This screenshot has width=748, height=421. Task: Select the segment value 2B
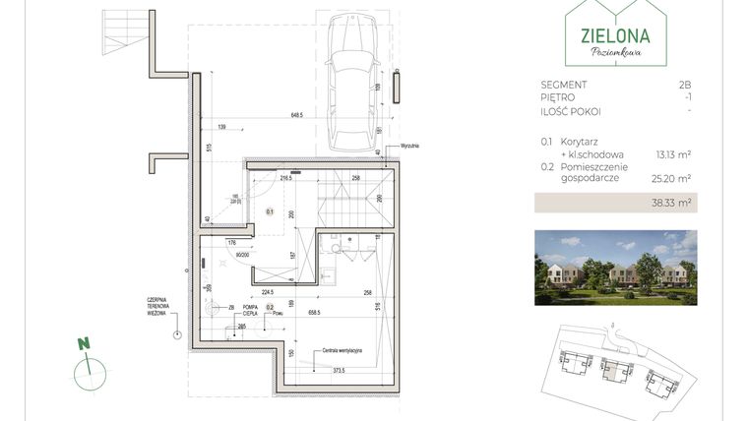[685, 86]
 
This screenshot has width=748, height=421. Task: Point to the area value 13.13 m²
[672, 153]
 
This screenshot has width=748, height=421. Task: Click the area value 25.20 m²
[672, 179]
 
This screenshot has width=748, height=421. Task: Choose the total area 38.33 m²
[672, 204]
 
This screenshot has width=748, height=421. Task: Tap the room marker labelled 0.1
[269, 211]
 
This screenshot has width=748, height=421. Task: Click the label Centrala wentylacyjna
[342, 350]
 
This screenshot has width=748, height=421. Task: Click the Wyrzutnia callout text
[409, 146]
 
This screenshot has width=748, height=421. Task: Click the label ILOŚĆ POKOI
[570, 111]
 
